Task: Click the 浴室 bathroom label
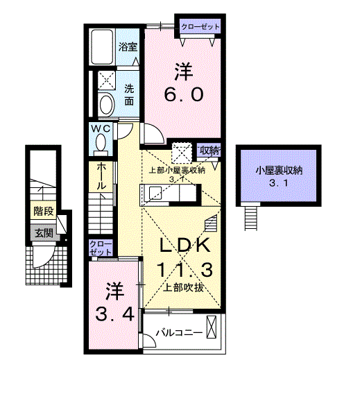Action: [128, 47]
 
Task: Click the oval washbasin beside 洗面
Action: [106, 105]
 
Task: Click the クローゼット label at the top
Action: [200, 26]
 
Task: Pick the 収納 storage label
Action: [210, 150]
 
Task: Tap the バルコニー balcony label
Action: [179, 332]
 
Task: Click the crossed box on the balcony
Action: [212, 327]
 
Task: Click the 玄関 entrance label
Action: [43, 232]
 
